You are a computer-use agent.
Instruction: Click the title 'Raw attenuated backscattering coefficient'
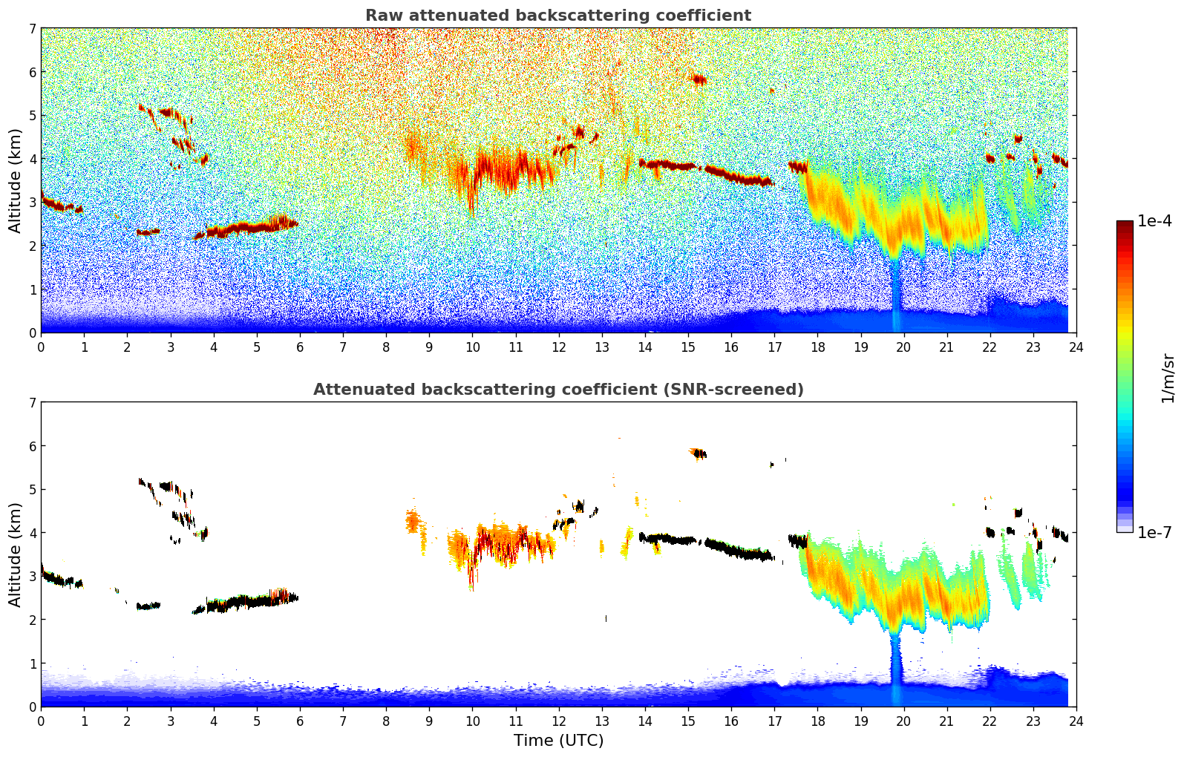pos(557,16)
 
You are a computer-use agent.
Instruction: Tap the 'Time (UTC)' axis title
pos(558,740)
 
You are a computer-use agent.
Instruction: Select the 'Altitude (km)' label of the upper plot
pos(15,180)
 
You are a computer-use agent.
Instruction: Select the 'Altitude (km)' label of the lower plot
pos(15,554)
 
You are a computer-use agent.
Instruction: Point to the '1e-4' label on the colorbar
pos(1154,221)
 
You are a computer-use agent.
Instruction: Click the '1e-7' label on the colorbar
pos(1154,532)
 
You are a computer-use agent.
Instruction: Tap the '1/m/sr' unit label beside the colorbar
pos(1168,378)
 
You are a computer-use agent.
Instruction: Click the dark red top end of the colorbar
pos(1125,223)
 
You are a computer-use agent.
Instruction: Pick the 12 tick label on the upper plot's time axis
pos(558,347)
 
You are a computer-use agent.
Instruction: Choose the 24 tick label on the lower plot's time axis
pos(1076,721)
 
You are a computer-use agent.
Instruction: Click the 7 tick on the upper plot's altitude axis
pos(32,28)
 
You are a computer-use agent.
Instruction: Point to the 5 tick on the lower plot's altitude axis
pos(32,489)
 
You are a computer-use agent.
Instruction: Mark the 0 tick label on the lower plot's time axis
pos(41,721)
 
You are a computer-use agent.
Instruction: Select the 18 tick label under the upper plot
pos(817,347)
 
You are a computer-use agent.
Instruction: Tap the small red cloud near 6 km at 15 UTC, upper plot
pos(698,79)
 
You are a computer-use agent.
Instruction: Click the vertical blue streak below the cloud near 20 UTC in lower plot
pos(896,668)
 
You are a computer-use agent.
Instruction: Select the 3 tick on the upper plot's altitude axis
pos(32,202)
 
